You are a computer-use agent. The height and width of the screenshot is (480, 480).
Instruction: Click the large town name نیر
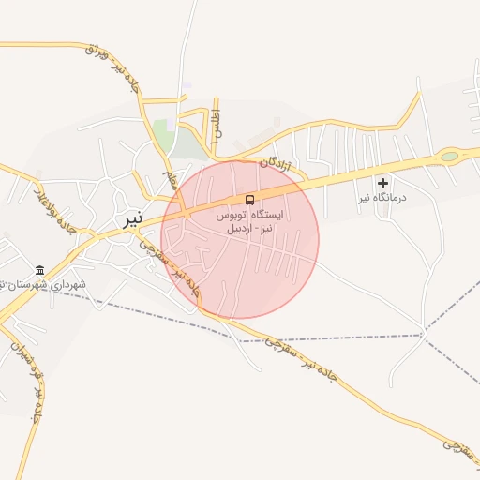(x=133, y=219)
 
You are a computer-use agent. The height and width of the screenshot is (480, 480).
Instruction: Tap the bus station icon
(x=249, y=200)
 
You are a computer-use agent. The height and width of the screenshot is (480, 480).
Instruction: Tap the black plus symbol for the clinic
(x=382, y=181)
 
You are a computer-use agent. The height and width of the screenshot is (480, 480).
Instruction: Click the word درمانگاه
(x=389, y=197)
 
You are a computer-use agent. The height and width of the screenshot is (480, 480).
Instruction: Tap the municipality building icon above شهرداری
(x=39, y=269)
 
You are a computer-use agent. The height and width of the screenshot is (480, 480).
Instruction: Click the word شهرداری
(x=67, y=284)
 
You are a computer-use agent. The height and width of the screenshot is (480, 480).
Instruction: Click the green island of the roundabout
(x=450, y=156)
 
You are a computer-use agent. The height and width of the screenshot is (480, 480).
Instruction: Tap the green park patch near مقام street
(x=163, y=135)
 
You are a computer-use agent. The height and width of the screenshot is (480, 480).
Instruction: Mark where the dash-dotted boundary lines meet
(x=423, y=334)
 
